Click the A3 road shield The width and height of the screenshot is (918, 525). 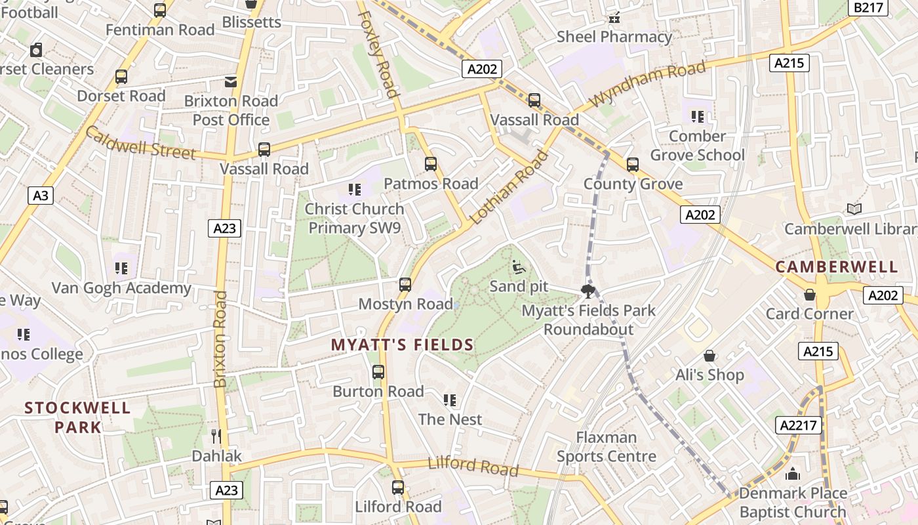pos(41,196)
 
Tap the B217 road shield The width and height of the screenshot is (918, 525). pos(869,7)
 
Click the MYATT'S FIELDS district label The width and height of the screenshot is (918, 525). pos(402,345)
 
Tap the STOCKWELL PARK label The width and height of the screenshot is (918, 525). pos(77,417)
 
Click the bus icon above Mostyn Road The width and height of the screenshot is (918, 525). pos(405,285)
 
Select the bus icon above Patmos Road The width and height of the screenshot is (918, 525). pos(430,164)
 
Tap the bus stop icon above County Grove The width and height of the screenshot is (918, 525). pos(632,165)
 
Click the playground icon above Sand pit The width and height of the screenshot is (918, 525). pos(518,267)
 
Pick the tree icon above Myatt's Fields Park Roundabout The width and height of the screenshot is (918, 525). pos(588,291)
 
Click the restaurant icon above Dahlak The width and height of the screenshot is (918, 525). pos(216,436)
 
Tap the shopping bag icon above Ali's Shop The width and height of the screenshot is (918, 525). pos(709,356)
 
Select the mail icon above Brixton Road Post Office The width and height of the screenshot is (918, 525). pos(231,82)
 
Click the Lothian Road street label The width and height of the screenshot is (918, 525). pos(509,187)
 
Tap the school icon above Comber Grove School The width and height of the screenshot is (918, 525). pos(697,117)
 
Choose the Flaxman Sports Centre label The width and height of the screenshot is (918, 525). pos(606,447)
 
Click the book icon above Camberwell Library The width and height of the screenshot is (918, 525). pos(854,209)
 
